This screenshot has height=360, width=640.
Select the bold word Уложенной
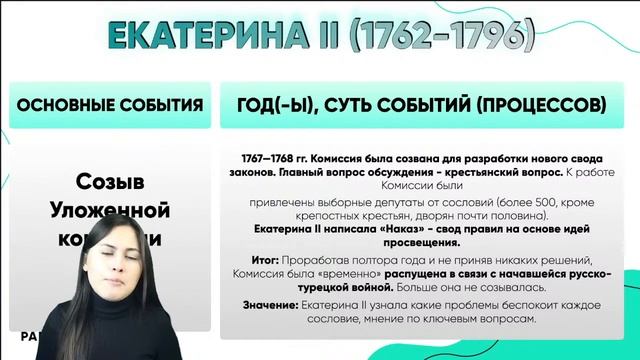coord(111,211)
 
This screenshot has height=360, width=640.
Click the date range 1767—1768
coord(271,158)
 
